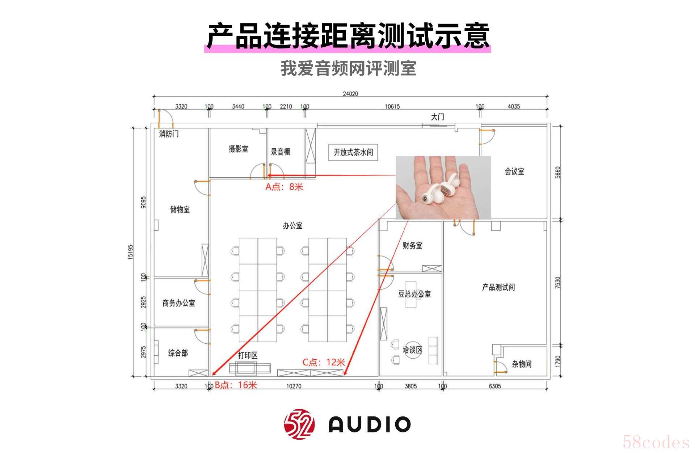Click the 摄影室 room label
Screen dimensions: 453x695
point(238,149)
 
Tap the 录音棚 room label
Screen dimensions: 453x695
point(281,152)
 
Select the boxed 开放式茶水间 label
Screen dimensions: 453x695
point(353,152)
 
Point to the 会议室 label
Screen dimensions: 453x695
point(514,171)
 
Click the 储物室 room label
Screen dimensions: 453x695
point(180,209)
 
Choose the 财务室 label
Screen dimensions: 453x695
point(412,245)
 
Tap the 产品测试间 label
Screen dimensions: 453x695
point(498,287)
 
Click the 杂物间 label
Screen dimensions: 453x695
point(521,364)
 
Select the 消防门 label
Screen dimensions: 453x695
point(169,134)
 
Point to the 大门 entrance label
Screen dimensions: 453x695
point(437,117)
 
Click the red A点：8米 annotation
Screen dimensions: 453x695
point(284,187)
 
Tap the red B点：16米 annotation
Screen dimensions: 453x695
point(236,385)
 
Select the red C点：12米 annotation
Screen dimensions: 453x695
point(324,362)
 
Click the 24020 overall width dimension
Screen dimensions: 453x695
point(350,94)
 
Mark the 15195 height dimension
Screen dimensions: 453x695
point(131,252)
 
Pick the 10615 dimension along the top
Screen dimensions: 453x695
point(392,106)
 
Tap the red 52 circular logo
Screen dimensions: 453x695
point(299,424)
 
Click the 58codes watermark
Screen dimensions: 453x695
point(656,442)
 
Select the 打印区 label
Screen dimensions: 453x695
point(248,355)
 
